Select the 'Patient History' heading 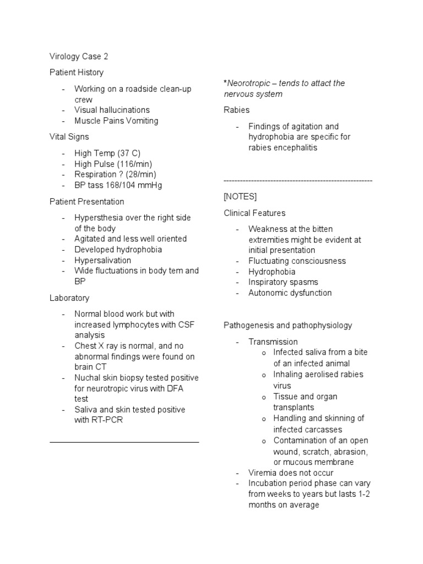[76, 72]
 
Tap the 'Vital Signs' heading [69, 137]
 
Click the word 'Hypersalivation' [103, 260]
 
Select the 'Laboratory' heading [69, 298]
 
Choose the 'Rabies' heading [236, 110]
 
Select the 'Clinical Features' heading [254, 213]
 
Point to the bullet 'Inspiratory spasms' [283, 282]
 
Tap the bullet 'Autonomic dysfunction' [290, 293]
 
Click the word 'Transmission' [273, 342]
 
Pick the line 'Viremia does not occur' [291, 473]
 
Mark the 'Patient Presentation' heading [87, 202]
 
